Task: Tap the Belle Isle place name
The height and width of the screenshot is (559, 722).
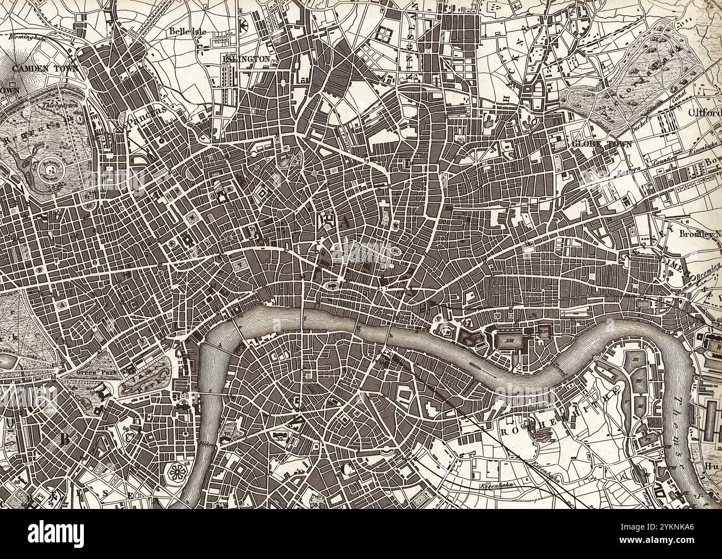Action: (188, 32)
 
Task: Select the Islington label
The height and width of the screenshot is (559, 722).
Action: (245, 58)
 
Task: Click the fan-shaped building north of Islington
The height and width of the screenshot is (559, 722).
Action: (243, 25)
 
